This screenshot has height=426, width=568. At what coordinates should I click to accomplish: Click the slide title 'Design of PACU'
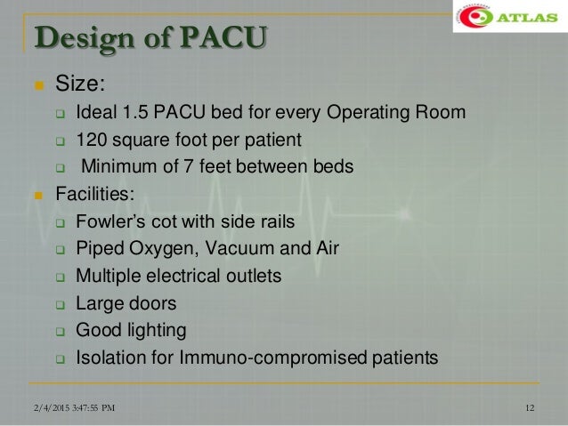tap(150, 40)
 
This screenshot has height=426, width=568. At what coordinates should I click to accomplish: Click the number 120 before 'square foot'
tap(91, 140)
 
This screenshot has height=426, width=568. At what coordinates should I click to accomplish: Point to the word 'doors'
tap(152, 303)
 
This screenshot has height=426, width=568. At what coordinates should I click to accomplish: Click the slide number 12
tap(531, 409)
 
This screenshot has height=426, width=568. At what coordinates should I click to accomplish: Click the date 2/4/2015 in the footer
tap(45, 409)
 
